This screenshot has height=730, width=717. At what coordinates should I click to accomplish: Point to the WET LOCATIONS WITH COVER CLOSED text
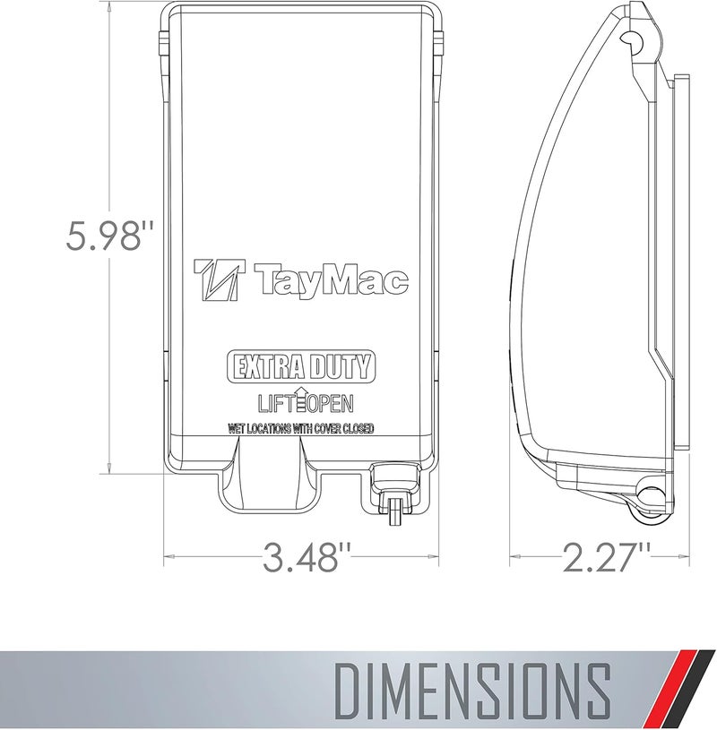pyautogui.click(x=300, y=429)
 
